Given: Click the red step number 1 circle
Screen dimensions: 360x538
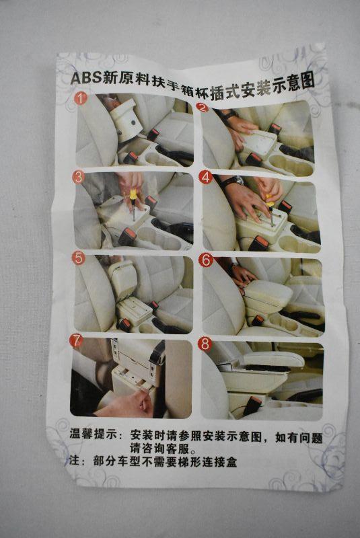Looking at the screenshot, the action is [80, 98].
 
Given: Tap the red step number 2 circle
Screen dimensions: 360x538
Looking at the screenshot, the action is [203, 108].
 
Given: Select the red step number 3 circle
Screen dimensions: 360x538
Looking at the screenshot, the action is [79, 178].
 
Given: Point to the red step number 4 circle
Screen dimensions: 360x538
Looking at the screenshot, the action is [205, 178].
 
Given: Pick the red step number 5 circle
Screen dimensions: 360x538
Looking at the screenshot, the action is [78, 258].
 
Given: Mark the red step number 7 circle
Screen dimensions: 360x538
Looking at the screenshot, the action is [76, 341].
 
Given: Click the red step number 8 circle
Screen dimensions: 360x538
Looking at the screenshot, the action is [205, 344].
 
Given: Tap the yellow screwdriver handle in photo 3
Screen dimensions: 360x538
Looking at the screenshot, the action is [132, 194].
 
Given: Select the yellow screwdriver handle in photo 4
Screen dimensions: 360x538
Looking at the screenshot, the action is [270, 200].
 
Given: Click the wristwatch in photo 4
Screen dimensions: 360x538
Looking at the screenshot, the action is [236, 181].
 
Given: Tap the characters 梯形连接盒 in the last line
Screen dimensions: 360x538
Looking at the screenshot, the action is [208, 462].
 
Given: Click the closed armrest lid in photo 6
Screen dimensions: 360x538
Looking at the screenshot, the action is [268, 291].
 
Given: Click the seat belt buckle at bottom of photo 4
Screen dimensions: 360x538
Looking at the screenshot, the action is [259, 243].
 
